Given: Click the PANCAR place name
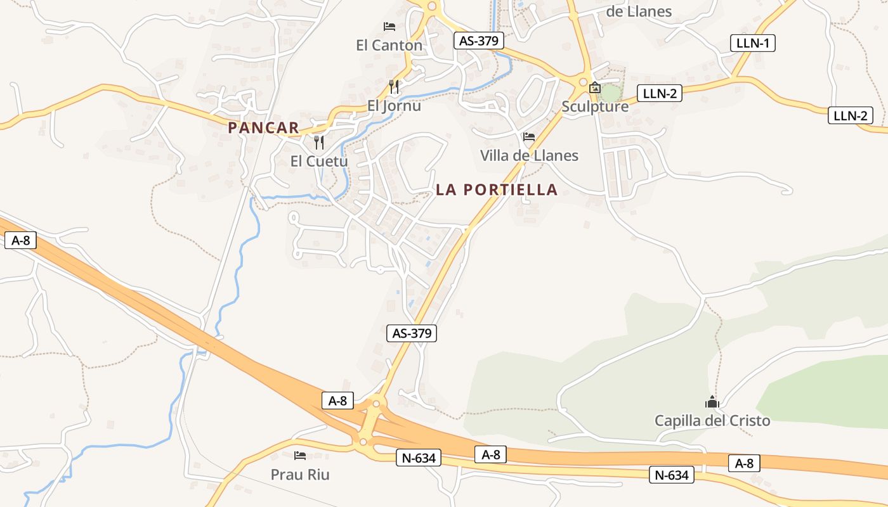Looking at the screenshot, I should pyautogui.click(x=263, y=127).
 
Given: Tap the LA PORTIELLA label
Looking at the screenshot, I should pyautogui.click(x=497, y=189).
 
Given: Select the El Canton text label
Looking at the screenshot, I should pyautogui.click(x=389, y=45).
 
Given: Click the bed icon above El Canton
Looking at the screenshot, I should pyautogui.click(x=389, y=27).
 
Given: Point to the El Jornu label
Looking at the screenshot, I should pyautogui.click(x=394, y=105).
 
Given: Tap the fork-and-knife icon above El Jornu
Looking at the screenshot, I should pyautogui.click(x=394, y=86).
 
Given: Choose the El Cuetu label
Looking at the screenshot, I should pyautogui.click(x=319, y=161).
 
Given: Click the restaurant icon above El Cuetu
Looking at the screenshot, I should pyautogui.click(x=319, y=142).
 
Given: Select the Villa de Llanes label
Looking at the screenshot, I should pyautogui.click(x=529, y=155).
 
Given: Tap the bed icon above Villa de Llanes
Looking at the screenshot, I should pyautogui.click(x=529, y=137).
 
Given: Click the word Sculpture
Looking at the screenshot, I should pyautogui.click(x=595, y=106).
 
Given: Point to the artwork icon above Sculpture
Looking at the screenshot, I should pyautogui.click(x=595, y=87).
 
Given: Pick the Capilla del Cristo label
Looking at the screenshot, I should pyautogui.click(x=712, y=420).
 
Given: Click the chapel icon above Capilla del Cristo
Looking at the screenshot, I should pyautogui.click(x=712, y=402).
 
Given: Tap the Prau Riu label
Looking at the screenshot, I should pyautogui.click(x=300, y=474).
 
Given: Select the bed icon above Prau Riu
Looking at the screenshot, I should pyautogui.click(x=300, y=455).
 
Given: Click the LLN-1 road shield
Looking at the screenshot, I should pyautogui.click(x=753, y=43).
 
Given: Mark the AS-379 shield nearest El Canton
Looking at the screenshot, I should pyautogui.click(x=479, y=41).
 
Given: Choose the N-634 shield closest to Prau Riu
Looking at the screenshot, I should pyautogui.click(x=419, y=457).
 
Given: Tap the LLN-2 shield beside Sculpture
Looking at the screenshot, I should pyautogui.click(x=660, y=93).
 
